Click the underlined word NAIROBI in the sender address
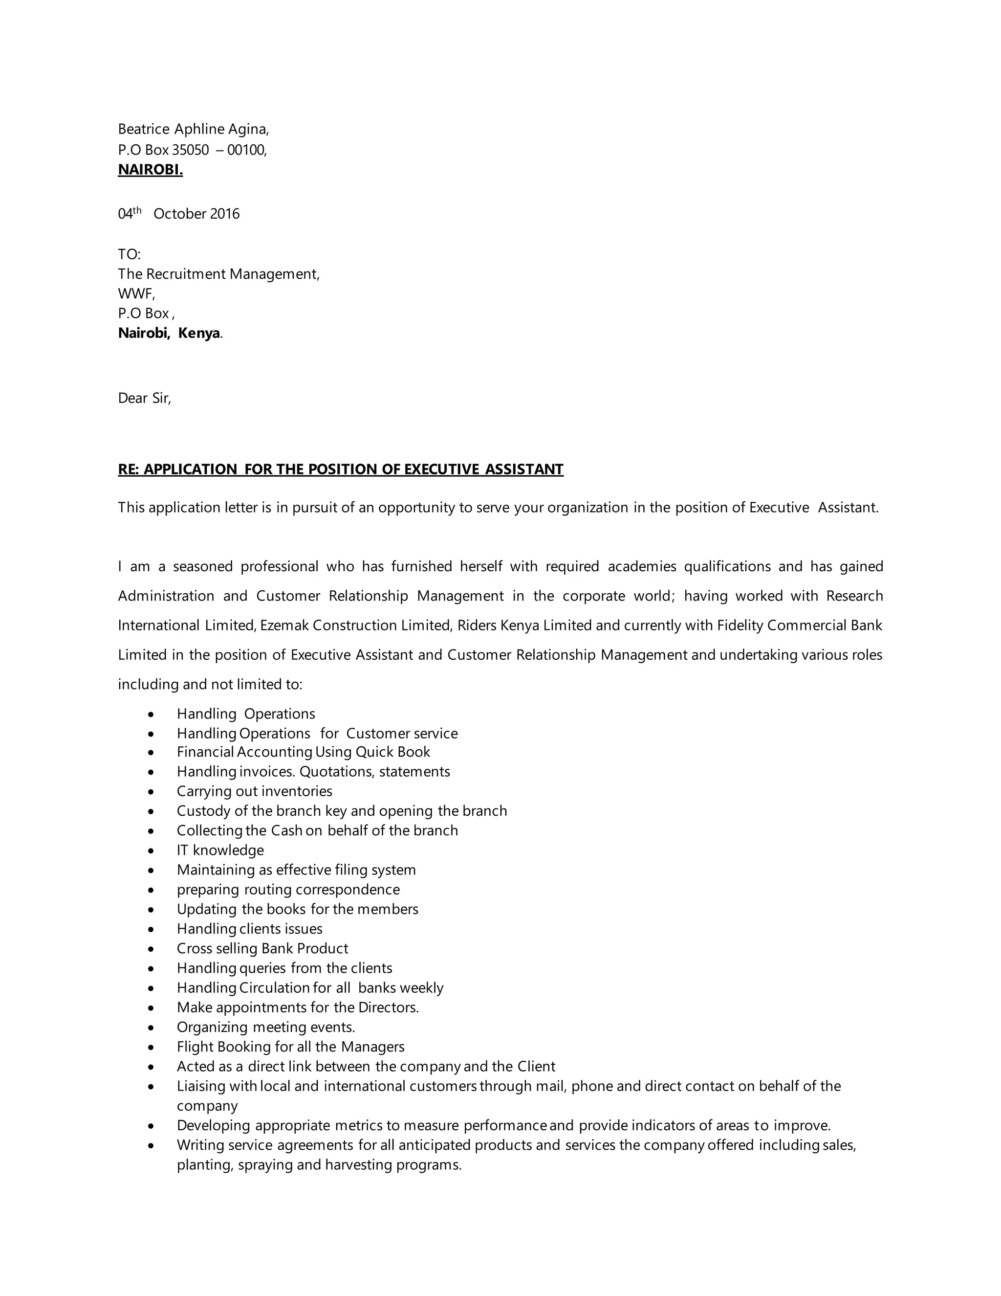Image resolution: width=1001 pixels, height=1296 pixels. (150, 170)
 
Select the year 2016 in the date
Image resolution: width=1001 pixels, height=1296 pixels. (224, 214)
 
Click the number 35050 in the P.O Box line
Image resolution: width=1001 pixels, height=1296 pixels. (190, 150)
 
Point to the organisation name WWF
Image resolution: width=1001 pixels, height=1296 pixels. (135, 294)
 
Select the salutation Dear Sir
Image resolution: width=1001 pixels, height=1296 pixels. (144, 398)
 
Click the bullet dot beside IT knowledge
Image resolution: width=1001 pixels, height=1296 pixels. (152, 851)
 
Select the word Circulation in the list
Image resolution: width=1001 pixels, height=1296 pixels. (275, 988)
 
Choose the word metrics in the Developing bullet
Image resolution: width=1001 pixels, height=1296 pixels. (359, 1126)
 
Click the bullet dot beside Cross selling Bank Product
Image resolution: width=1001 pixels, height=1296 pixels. (152, 949)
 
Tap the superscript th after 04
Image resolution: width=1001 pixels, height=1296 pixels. (137, 210)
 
